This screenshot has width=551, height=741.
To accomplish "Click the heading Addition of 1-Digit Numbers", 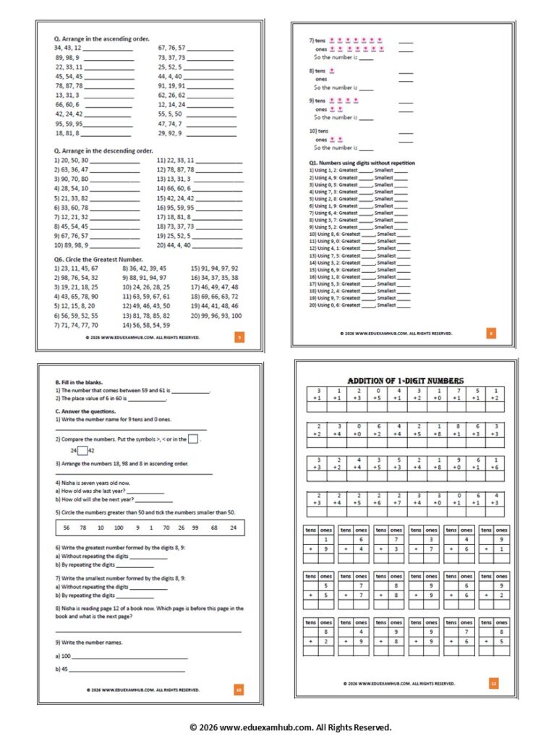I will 406,381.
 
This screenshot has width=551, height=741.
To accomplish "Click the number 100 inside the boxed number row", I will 119,528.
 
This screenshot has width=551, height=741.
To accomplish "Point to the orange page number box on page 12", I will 493,682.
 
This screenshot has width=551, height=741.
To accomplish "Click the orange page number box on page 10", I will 239,690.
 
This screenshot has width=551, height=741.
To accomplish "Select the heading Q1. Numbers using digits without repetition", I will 362,163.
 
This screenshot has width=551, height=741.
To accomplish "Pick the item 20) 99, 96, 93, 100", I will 216,316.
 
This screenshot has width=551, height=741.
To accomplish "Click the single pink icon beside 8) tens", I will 332,71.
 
